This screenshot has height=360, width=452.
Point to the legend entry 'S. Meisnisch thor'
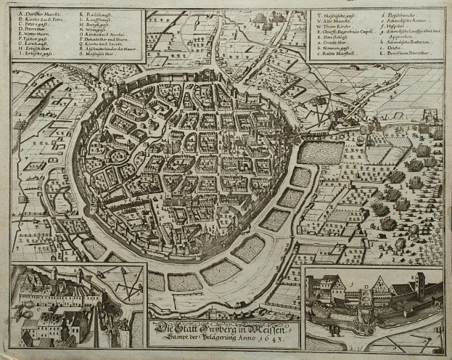[x=99, y=73]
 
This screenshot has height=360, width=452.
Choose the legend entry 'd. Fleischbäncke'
[x=395, y=15]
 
